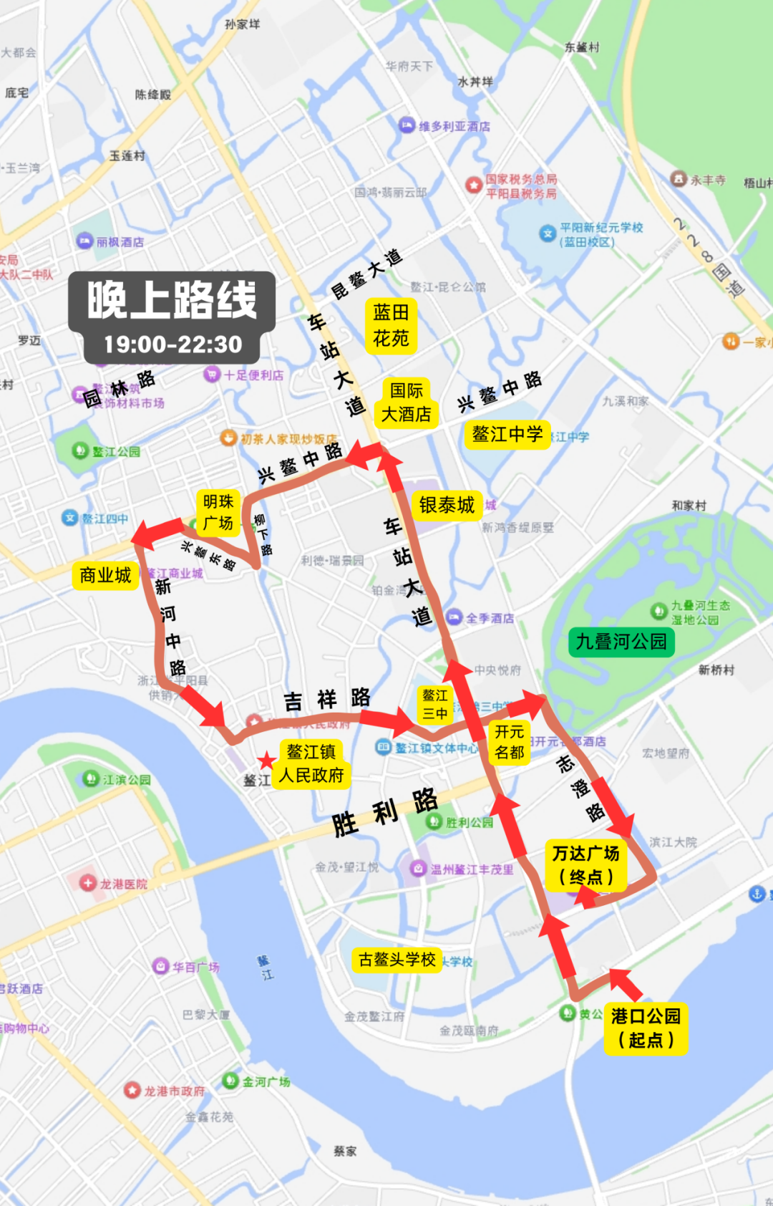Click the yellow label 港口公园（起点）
pos(646,1028)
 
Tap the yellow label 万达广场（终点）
pos(585,865)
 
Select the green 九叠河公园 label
pos(621,642)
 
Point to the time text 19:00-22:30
pos(173,344)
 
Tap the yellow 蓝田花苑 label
pos(391,325)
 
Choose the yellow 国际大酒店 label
pos(406,402)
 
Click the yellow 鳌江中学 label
pos(507,434)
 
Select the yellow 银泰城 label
pos(447,506)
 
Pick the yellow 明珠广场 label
pos(218,512)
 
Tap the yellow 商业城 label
pos(105,576)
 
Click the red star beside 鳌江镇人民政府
pos(267,761)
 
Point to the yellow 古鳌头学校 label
pos(397,960)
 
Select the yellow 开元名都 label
pos(509,742)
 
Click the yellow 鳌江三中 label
pos(434,704)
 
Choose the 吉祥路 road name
pos(327,699)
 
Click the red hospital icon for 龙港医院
pos(88,883)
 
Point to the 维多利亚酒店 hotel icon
pos(407,125)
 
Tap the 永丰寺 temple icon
pos(679,178)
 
